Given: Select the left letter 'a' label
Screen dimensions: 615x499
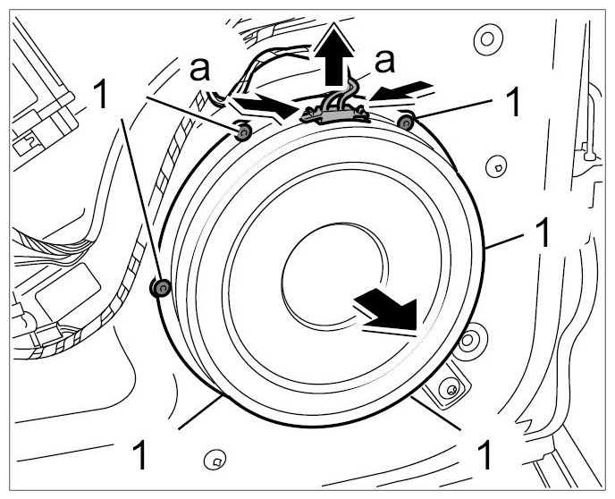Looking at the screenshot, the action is click(199, 70).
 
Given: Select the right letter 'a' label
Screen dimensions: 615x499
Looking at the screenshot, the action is click(384, 62).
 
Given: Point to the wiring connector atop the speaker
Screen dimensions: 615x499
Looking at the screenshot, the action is click(334, 113).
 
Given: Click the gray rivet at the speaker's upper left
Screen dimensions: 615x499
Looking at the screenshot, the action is click(243, 132).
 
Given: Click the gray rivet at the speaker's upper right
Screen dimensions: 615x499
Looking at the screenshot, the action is click(406, 123).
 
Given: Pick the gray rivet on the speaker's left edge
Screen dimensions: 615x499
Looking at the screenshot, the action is click(161, 288).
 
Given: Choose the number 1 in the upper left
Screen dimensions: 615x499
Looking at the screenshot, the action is click(100, 94).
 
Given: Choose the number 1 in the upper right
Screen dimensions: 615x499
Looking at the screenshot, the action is click(512, 102).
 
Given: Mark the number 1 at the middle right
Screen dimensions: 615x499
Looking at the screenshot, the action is click(541, 233).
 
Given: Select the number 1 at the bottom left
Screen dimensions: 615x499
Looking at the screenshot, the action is click(139, 454).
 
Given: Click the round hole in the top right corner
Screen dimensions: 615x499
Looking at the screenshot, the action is click(488, 39).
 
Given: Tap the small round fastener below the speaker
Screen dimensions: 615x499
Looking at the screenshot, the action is click(215, 461).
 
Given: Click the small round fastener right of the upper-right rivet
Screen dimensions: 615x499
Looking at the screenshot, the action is click(496, 167).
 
